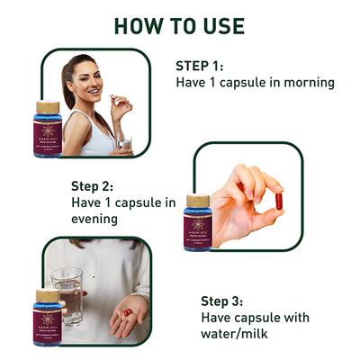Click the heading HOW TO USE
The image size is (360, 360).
click(x=179, y=24)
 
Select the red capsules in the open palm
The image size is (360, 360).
click(x=127, y=312)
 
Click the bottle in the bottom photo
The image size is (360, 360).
click(x=47, y=319)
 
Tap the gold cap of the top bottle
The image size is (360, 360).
click(x=48, y=107)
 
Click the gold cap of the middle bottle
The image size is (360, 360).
click(x=197, y=201)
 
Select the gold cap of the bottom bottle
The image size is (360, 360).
click(x=47, y=295)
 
